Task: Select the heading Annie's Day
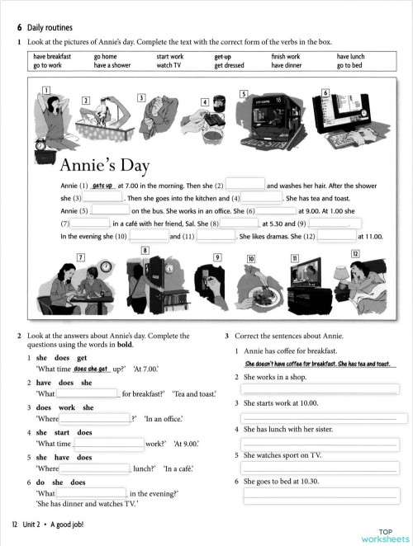(x=106, y=165)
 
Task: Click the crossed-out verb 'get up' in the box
(x=221, y=57)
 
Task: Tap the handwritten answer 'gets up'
(x=103, y=186)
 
